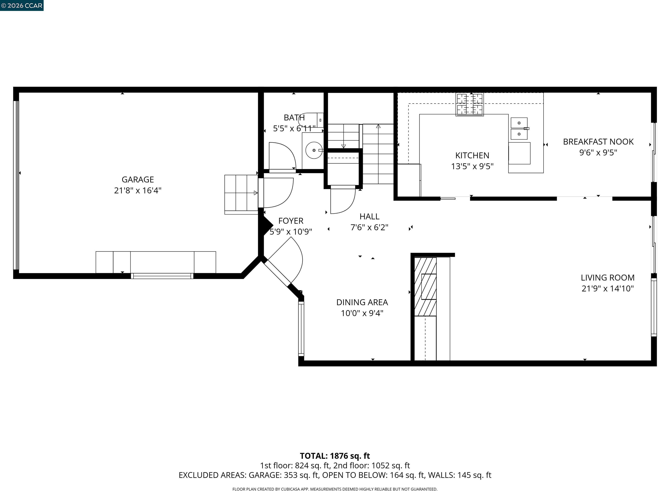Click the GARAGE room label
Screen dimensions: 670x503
tap(138, 179)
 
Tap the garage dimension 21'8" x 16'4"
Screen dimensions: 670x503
tap(138, 190)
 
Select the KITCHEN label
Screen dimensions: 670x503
tap(472, 155)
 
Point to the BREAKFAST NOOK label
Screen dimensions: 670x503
tap(598, 142)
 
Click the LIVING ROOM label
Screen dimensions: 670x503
tap(607, 277)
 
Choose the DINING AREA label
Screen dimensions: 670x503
tap(362, 302)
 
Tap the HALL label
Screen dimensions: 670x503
tap(369, 217)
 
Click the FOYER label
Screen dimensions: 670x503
tap(291, 221)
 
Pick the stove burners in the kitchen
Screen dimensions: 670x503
tap(470, 105)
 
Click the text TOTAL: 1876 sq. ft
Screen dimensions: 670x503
tap(335, 456)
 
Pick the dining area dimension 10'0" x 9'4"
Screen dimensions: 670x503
tap(362, 313)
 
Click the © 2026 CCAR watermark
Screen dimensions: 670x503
tap(22, 5)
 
